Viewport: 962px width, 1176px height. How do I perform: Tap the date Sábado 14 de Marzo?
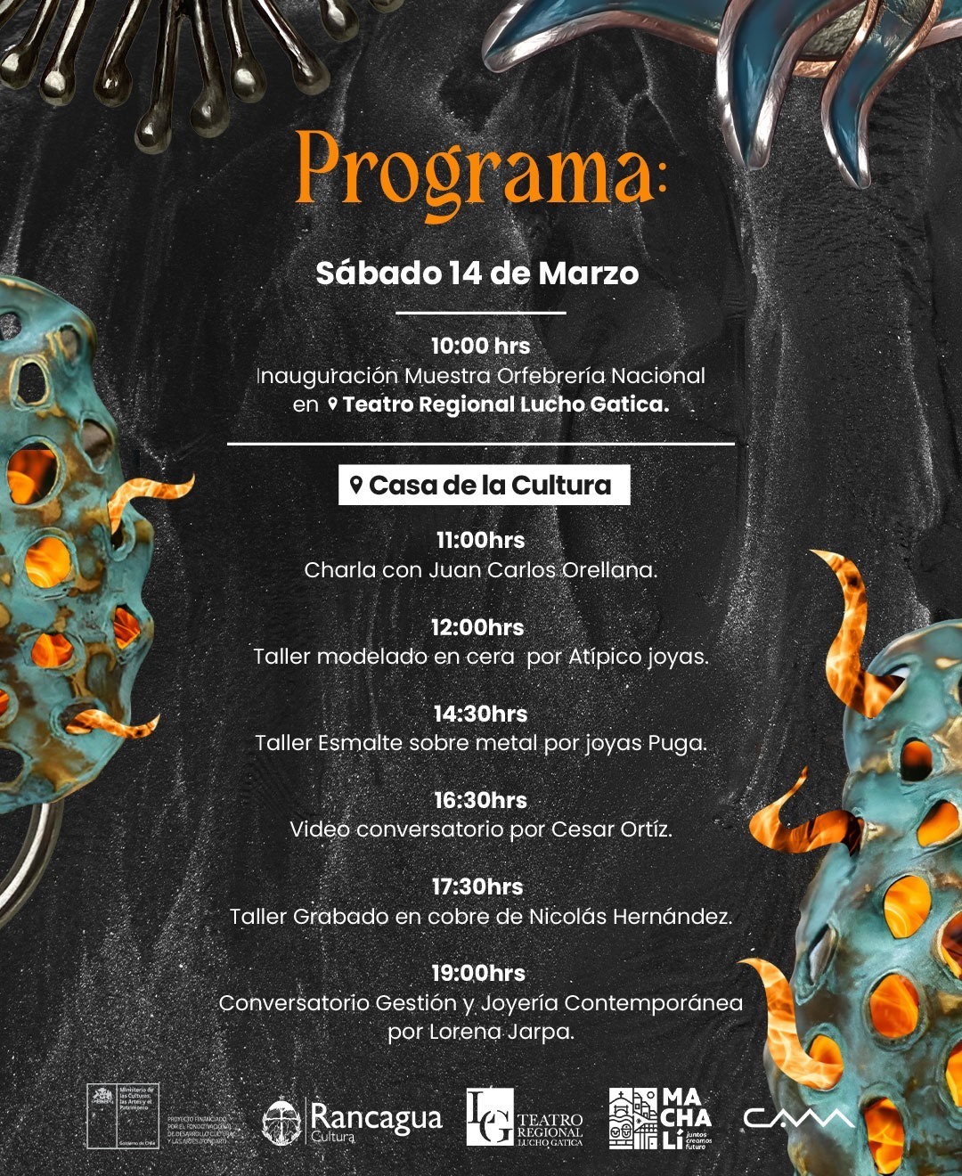pos(477,273)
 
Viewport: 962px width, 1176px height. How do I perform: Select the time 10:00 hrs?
pos(480,346)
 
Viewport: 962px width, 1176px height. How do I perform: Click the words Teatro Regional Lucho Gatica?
pos(506,404)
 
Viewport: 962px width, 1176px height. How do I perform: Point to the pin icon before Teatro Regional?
pos(333,404)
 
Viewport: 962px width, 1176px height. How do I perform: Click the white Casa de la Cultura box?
pos(484,486)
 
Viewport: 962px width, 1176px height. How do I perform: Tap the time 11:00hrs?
pos(480,540)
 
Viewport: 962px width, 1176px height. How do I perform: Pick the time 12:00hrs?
pos(477,627)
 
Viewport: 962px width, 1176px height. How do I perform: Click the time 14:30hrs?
pos(480,714)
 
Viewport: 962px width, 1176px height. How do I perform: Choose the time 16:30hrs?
pos(480,800)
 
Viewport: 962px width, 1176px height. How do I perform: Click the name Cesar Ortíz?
pos(610,829)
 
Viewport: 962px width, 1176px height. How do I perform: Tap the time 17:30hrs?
pos(477,886)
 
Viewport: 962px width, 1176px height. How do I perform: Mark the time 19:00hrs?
pos(478,973)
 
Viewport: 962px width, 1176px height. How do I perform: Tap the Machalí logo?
pos(660,1119)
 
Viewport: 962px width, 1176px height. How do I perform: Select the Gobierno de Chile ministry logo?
pos(123,1116)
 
